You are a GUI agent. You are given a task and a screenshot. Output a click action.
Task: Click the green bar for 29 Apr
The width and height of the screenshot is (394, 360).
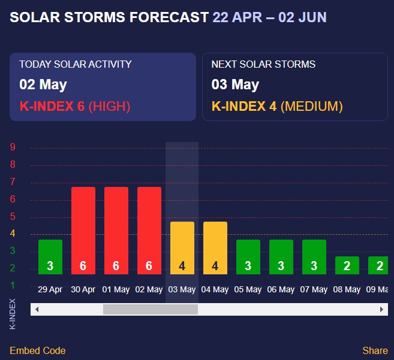50,257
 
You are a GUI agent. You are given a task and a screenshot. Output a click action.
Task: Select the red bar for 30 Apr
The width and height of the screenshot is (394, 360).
83,231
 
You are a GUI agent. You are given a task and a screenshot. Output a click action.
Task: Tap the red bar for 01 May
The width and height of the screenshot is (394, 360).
116,231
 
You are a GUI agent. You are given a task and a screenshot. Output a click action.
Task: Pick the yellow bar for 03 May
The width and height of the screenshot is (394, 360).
182,248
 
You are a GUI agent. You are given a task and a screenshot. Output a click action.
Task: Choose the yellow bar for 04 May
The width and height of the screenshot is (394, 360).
215,248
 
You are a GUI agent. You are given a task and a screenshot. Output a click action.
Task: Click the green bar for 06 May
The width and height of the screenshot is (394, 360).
281,257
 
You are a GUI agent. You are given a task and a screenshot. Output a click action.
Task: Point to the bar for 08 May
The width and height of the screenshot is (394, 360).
347,265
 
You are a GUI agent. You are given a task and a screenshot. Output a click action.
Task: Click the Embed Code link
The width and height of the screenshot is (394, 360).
38,350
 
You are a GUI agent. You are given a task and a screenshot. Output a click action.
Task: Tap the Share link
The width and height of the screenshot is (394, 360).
375,350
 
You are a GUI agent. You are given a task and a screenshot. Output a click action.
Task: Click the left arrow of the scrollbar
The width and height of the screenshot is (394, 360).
37,310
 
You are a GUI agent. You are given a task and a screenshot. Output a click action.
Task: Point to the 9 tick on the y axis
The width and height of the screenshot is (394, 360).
13,147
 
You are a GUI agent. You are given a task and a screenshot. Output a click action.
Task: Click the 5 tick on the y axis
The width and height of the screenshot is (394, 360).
13,217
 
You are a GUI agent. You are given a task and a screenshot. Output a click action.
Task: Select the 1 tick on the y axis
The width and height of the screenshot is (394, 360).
13,286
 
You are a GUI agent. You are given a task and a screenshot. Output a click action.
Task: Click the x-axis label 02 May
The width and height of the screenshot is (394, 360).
149,290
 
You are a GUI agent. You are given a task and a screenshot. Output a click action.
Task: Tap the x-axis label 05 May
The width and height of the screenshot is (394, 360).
248,290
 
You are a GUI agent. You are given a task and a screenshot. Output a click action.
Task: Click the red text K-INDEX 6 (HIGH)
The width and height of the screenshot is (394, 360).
75,107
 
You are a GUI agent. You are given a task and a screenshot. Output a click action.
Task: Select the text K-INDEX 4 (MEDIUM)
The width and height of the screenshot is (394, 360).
277,107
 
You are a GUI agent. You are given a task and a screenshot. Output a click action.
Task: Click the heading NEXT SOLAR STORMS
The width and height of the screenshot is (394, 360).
263,64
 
